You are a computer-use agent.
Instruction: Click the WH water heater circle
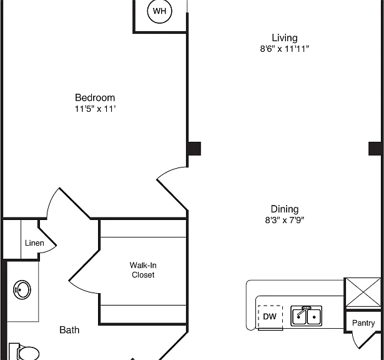pyautogui.click(x=160, y=11)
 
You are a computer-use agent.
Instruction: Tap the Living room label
pyautogui.click(x=285, y=37)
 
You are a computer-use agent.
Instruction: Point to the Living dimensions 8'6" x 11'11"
pyautogui.click(x=285, y=49)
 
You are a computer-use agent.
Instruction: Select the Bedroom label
pyautogui.click(x=95, y=97)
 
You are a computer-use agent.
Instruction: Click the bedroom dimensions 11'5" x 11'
pyautogui.click(x=95, y=109)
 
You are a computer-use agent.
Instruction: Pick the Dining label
pyautogui.click(x=285, y=209)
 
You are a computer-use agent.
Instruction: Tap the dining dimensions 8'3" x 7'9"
pyautogui.click(x=285, y=220)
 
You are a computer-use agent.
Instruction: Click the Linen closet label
pyautogui.click(x=34, y=243)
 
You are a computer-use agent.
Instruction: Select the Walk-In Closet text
pyautogui.click(x=143, y=270)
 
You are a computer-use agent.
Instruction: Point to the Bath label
pyautogui.click(x=69, y=330)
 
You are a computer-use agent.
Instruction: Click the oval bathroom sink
pyautogui.click(x=22, y=289)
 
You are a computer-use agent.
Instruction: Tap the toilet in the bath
pyautogui.click(x=24, y=352)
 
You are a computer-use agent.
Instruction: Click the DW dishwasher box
pyautogui.click(x=270, y=317)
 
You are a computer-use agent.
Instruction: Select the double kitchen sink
pyautogui.click(x=307, y=316)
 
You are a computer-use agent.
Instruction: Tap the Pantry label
pyautogui.click(x=363, y=323)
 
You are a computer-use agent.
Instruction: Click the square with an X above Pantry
pyautogui.click(x=363, y=292)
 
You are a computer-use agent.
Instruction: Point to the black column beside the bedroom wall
pyautogui.click(x=194, y=149)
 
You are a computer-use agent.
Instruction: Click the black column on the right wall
pyautogui.click(x=375, y=149)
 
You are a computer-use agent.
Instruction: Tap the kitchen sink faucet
pyautogui.click(x=303, y=311)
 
